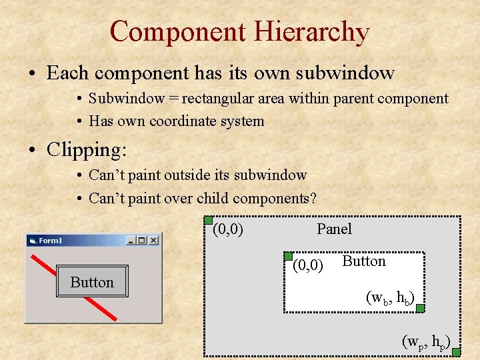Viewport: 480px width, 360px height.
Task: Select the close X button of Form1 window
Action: [153, 240]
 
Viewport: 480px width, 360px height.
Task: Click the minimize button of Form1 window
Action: [131, 240]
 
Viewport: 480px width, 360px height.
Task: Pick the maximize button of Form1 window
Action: [141, 240]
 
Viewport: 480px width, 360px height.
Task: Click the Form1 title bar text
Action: [50, 241]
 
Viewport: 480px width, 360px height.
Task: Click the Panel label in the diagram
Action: [334, 229]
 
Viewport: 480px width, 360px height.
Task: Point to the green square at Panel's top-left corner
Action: [208, 221]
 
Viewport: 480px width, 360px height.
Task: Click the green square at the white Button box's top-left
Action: [288, 256]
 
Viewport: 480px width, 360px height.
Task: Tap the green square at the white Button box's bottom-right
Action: [420, 308]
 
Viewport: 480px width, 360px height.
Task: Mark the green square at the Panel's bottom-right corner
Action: [456, 351]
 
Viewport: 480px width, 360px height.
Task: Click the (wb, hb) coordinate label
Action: [391, 297]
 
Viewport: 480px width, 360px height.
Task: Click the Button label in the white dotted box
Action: [364, 261]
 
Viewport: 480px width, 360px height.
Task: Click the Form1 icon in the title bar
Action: [32, 241]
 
